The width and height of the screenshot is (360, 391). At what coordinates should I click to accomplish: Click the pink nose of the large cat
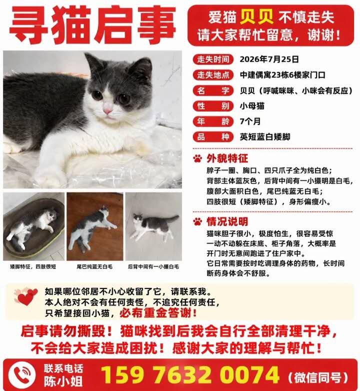tap(107, 111)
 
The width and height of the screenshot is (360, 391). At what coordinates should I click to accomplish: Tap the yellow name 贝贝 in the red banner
tap(257, 17)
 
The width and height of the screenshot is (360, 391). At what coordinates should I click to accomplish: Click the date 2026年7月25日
tap(269, 59)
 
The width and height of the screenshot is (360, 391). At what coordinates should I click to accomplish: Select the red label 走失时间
tap(213, 59)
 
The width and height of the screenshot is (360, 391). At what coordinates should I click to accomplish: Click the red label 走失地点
tap(213, 75)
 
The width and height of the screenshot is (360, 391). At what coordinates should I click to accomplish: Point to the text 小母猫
tap(252, 106)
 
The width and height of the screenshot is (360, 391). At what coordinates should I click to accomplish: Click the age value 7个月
tap(250, 121)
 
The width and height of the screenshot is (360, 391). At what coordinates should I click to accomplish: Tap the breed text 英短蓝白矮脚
tap(265, 137)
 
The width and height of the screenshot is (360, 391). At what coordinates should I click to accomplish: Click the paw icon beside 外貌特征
tap(197, 158)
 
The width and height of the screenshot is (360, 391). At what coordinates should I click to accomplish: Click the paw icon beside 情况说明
tap(197, 221)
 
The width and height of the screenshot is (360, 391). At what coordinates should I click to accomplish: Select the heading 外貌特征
tap(227, 158)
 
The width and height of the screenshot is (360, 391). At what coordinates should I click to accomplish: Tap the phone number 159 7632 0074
tap(190, 375)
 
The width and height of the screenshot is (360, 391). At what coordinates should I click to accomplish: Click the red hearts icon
tap(25, 296)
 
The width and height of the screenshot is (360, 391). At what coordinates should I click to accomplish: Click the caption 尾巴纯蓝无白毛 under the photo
tap(94, 266)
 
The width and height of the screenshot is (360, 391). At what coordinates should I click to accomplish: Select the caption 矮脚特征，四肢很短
tap(33, 266)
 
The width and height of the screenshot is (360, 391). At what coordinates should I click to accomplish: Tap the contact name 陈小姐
tap(63, 381)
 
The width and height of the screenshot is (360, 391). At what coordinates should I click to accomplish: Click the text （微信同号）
tap(318, 377)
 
